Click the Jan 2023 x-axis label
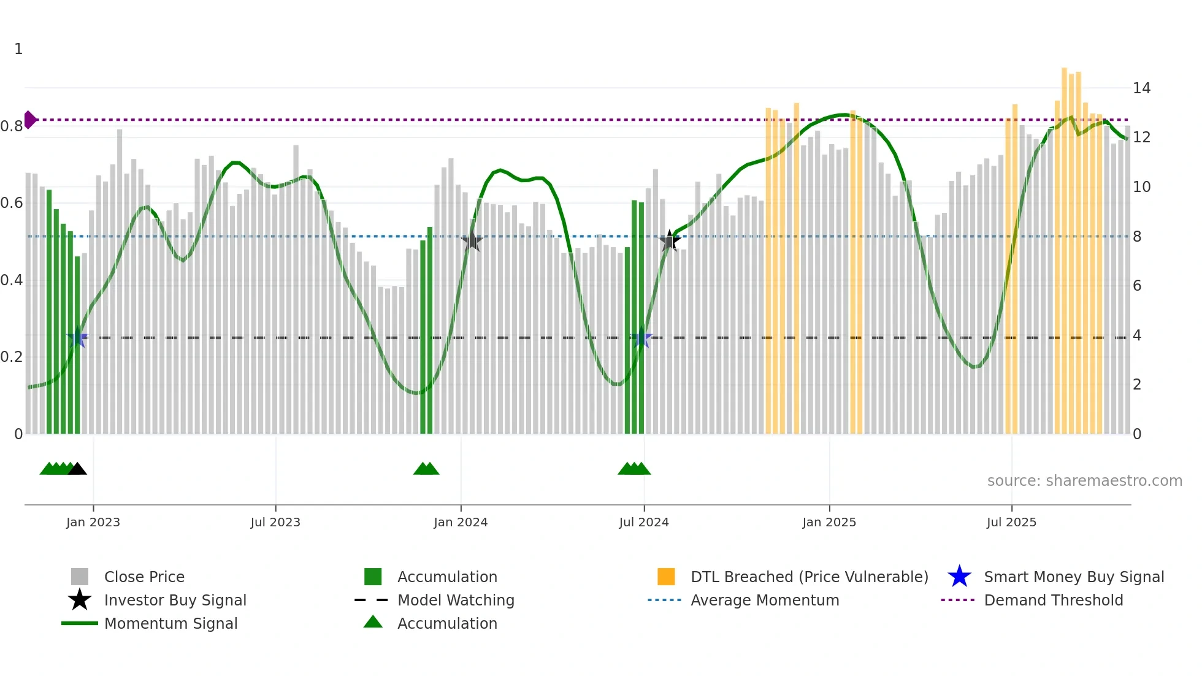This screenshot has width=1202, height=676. (93, 522)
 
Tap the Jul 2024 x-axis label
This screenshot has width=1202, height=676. (643, 522)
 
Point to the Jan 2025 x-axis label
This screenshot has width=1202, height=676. (829, 522)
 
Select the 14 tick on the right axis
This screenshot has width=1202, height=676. (1141, 88)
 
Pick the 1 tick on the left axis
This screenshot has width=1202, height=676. (18, 49)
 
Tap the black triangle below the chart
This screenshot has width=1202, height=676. (77, 469)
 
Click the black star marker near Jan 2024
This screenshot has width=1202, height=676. (472, 241)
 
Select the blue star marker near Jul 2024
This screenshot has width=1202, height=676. (641, 338)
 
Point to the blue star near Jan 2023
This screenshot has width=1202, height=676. (77, 338)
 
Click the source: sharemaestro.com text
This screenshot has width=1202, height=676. (1084, 481)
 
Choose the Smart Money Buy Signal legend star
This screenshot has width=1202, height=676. (959, 577)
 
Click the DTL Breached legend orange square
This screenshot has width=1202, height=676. (666, 577)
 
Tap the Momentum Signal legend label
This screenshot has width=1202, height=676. (170, 623)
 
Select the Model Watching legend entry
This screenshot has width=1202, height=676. (456, 600)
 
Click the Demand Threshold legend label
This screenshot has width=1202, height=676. (1053, 600)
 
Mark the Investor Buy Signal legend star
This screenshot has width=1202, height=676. (80, 600)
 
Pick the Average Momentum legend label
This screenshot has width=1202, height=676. (765, 600)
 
